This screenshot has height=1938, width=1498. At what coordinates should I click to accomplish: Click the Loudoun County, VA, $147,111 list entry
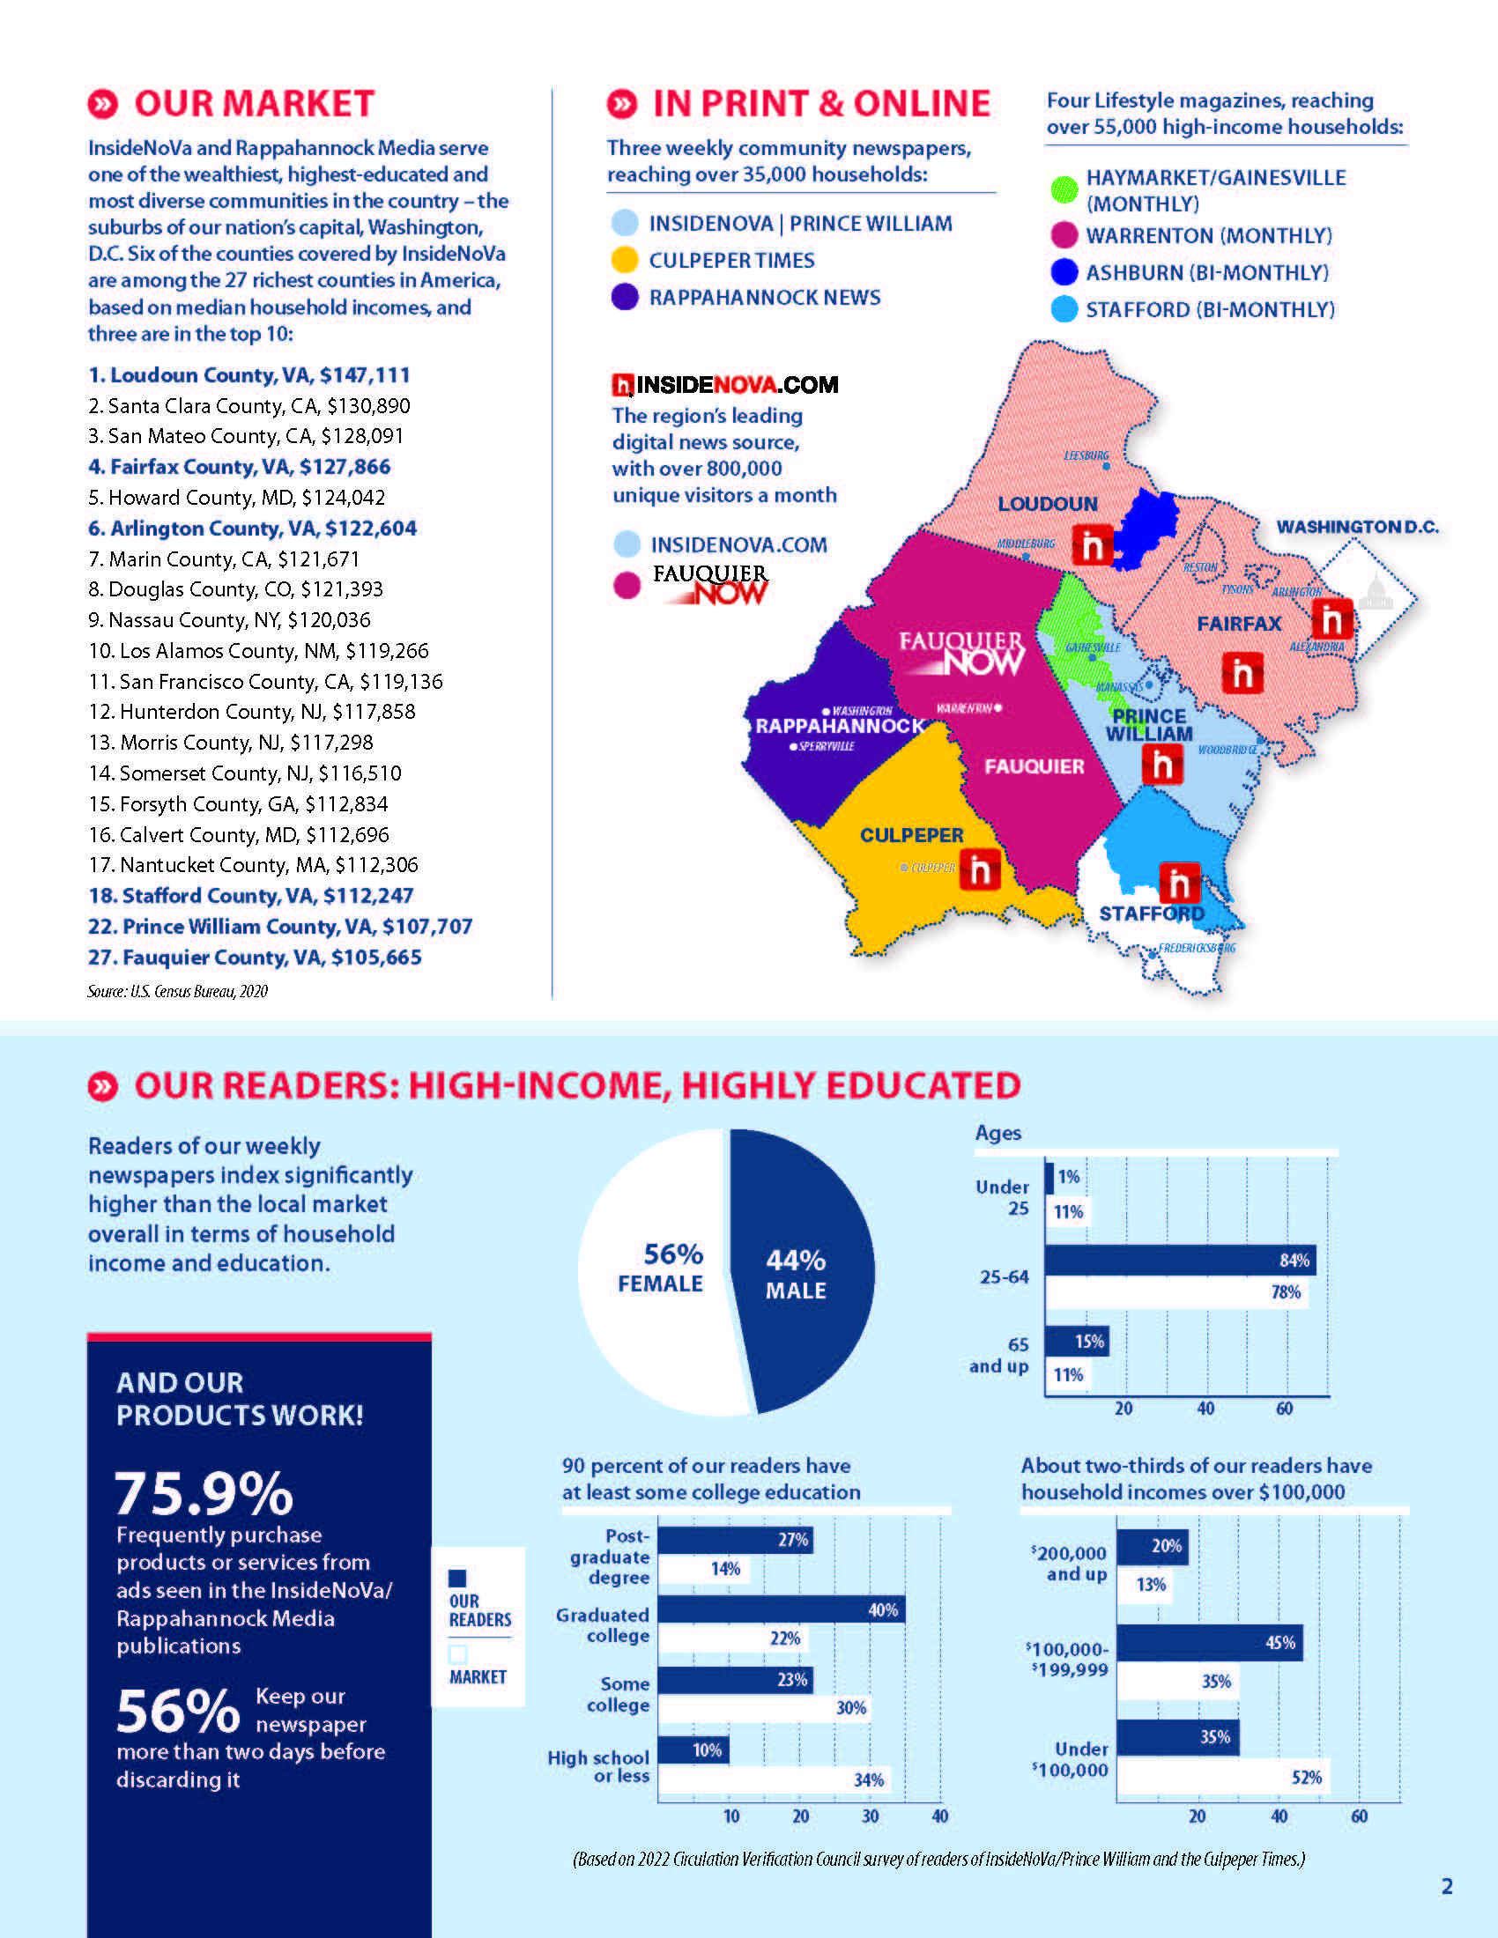pyautogui.click(x=248, y=375)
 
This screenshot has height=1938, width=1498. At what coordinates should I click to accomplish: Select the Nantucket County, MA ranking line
pyautogui.click(x=253, y=865)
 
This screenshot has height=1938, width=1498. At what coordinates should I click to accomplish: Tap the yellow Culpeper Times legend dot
pyautogui.click(x=625, y=260)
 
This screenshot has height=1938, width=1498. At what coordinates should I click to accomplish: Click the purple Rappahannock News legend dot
pyautogui.click(x=625, y=297)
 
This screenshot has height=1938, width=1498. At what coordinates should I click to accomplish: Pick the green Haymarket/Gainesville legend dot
pyautogui.click(x=1064, y=190)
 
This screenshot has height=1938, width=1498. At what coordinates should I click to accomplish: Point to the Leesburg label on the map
pyautogui.click(x=1086, y=455)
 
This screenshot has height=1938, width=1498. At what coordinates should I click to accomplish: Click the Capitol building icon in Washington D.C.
pyautogui.click(x=1376, y=592)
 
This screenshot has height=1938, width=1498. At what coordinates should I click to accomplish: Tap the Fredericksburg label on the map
pyautogui.click(x=1197, y=948)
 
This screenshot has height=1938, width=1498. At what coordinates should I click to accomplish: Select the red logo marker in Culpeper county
pyautogui.click(x=981, y=869)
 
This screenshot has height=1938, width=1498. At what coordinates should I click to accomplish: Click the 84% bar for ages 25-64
pyautogui.click(x=1179, y=1260)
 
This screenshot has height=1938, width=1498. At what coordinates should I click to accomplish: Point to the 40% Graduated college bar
pyautogui.click(x=781, y=1609)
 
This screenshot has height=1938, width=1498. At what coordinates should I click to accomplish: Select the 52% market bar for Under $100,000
pyautogui.click(x=1223, y=1777)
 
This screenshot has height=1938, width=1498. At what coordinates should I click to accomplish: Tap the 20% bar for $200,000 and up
pyautogui.click(x=1152, y=1547)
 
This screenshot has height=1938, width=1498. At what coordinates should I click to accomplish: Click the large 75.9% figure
pyautogui.click(x=204, y=1493)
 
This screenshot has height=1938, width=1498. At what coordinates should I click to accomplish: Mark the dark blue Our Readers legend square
pyautogui.click(x=458, y=1578)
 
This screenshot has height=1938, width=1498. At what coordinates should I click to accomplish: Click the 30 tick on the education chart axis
pyautogui.click(x=871, y=1816)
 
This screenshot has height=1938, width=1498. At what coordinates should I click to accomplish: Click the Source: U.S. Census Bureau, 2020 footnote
pyautogui.click(x=177, y=991)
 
